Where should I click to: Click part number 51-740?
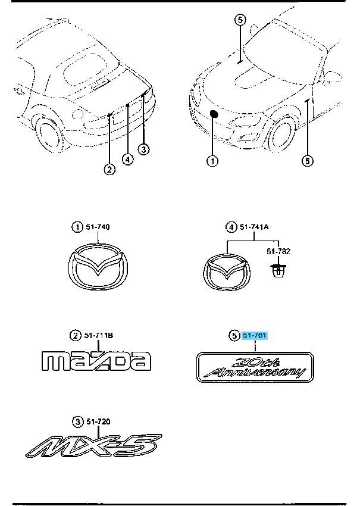coord(99,227)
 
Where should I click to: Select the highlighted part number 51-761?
coord(255,336)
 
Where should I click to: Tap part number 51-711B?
coord(99,336)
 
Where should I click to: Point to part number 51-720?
coord(98,422)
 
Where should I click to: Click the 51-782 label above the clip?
coord(276,251)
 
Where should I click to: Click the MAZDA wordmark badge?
coord(96,361)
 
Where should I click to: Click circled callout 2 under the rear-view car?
coord(109,170)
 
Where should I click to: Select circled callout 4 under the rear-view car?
coord(127,159)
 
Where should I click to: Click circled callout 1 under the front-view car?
coord(212,161)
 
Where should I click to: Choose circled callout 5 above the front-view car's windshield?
coord(239,20)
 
